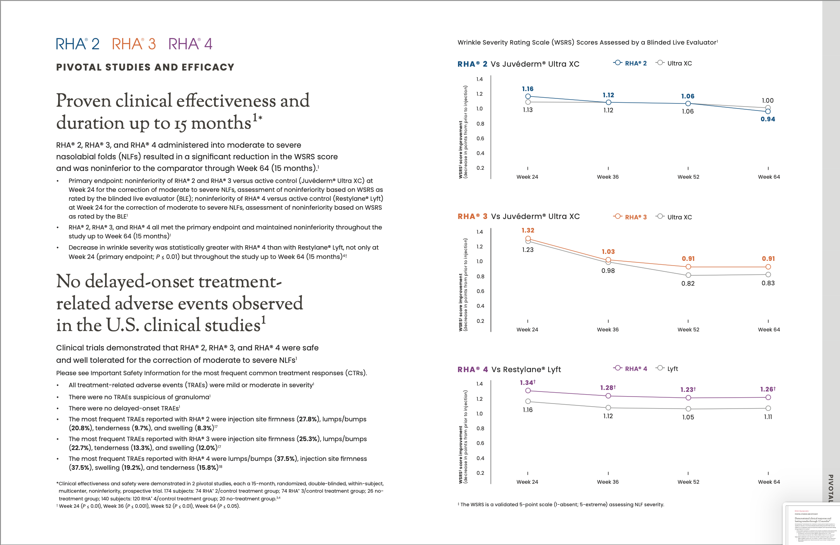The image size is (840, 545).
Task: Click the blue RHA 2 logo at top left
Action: (x=78, y=44)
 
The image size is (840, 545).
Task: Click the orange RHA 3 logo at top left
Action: (x=134, y=44)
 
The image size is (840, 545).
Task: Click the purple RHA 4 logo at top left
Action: (x=191, y=44)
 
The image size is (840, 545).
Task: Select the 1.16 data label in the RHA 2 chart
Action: (x=528, y=89)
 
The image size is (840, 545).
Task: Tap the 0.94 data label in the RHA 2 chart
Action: (x=768, y=119)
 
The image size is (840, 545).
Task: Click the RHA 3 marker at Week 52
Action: (x=688, y=267)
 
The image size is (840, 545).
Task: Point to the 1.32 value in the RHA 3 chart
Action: (x=528, y=230)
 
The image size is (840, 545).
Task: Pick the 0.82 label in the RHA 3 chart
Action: (x=688, y=283)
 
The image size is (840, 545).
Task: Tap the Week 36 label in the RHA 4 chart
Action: (x=608, y=482)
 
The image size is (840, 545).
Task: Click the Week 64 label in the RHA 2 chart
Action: (x=769, y=177)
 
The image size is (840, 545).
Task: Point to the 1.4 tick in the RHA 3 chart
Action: (x=480, y=232)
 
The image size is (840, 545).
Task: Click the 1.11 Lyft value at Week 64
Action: (x=768, y=417)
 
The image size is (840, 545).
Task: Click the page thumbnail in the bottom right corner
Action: (x=812, y=524)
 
